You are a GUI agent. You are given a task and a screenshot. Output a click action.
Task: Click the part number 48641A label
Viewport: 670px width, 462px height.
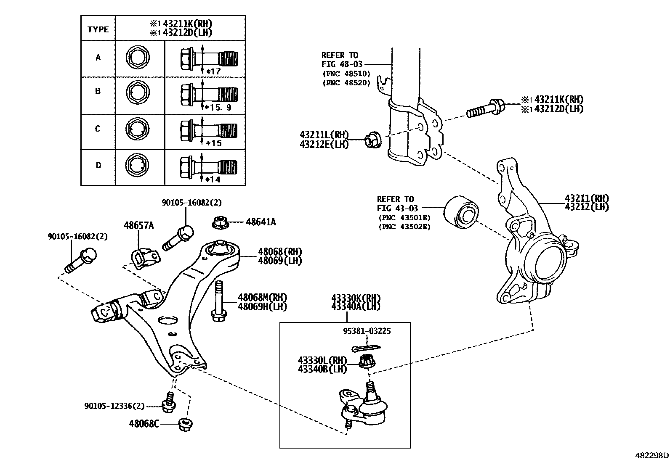point(261,222)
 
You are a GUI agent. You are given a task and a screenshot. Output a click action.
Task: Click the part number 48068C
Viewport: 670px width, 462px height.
point(144,424)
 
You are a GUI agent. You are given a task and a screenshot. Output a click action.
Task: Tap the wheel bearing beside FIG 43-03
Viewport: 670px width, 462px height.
point(462,212)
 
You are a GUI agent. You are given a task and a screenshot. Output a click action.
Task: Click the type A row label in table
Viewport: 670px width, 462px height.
point(98,58)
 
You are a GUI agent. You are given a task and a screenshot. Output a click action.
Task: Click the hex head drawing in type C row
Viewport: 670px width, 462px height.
point(138,129)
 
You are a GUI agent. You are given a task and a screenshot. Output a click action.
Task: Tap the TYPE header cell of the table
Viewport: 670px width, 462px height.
point(98,29)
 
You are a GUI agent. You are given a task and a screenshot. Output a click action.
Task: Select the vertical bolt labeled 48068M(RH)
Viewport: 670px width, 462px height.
point(219,301)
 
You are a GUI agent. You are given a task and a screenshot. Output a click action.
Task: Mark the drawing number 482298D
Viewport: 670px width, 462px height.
point(651,455)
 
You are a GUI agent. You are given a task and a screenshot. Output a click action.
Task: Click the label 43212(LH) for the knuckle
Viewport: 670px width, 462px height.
point(587,207)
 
